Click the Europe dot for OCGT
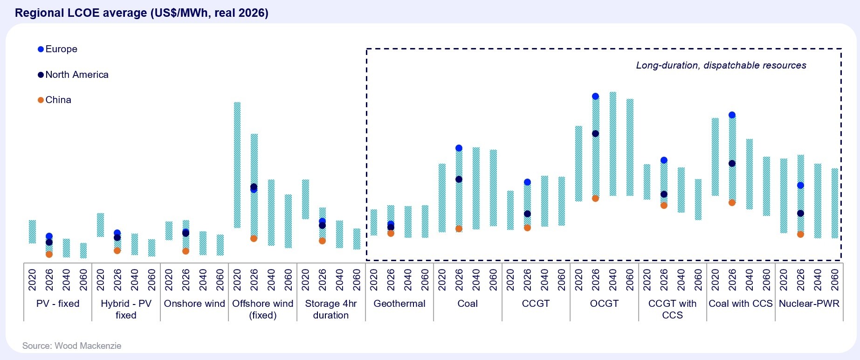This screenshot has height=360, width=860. [x=595, y=97]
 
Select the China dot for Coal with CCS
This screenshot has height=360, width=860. [x=732, y=202]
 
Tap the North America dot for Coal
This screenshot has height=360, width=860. [x=459, y=179]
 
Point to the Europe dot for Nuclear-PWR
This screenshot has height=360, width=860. [x=800, y=185]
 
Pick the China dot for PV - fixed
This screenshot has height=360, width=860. [x=49, y=254]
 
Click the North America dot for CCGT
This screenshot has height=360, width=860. [x=527, y=214]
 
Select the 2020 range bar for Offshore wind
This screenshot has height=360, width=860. [x=237, y=165]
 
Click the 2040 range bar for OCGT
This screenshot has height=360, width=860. [x=612, y=144]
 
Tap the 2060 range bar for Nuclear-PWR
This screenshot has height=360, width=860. [x=835, y=203]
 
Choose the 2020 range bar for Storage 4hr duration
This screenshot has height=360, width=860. [x=305, y=199]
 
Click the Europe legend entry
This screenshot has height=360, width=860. [x=58, y=49]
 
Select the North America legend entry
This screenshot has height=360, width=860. [x=73, y=75]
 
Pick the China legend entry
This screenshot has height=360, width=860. [x=55, y=100]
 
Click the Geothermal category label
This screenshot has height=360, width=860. [x=399, y=304]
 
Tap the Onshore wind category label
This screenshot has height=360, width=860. [x=194, y=304]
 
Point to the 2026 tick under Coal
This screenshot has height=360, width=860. [x=459, y=280]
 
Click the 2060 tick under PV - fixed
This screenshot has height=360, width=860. [x=83, y=280]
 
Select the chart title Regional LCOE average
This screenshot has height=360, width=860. [x=142, y=13]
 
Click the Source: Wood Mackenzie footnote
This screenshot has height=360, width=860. [x=72, y=346]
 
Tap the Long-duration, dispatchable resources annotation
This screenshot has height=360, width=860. [x=721, y=65]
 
